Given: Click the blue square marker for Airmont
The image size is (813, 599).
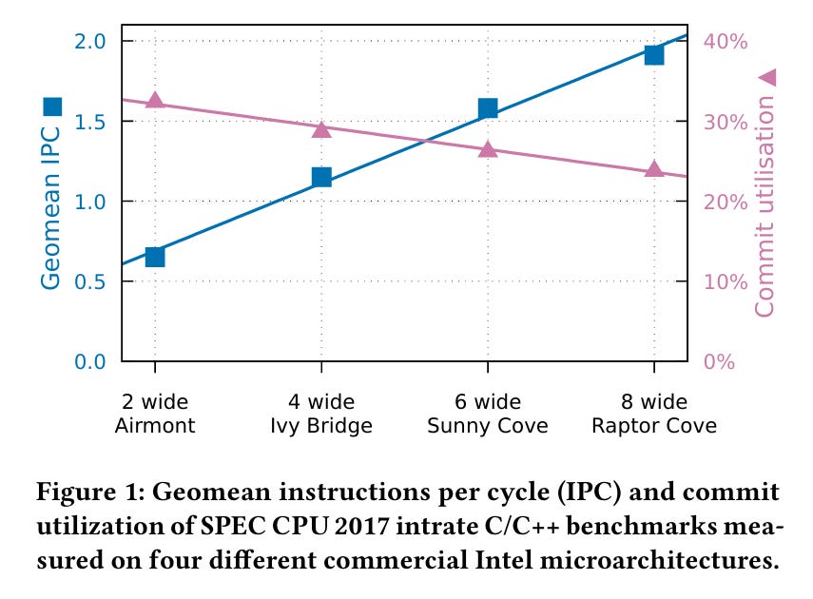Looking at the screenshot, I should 155,257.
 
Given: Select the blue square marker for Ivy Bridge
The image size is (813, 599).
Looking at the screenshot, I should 321,177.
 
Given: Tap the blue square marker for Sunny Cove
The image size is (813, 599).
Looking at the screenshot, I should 488,108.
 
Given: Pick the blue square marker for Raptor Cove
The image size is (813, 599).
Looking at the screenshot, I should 654,54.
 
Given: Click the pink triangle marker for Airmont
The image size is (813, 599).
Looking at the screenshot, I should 155,101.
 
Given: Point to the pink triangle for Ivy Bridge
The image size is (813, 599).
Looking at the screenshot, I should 321,129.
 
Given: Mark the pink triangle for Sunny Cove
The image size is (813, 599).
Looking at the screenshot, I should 488,149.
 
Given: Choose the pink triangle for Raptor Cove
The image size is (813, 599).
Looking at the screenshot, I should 654,169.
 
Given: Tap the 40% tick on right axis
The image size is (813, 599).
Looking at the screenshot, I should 725,41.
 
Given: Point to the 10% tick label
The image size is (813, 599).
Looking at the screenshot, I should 725,281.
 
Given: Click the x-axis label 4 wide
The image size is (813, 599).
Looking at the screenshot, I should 321,401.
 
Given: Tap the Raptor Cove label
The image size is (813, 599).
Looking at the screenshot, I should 654,425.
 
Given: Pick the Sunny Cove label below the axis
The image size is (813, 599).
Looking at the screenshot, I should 488,425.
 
